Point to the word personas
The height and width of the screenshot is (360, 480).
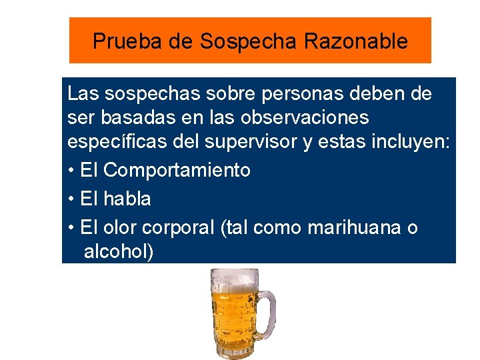pos(294,94)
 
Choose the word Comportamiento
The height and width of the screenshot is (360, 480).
pos(177,170)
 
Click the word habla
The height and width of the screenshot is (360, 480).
pos(127,199)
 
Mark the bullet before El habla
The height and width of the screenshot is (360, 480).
pos(71,199)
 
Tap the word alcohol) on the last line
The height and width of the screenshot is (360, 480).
pos(119,252)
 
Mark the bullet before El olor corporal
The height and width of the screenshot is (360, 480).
pos(71,227)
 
